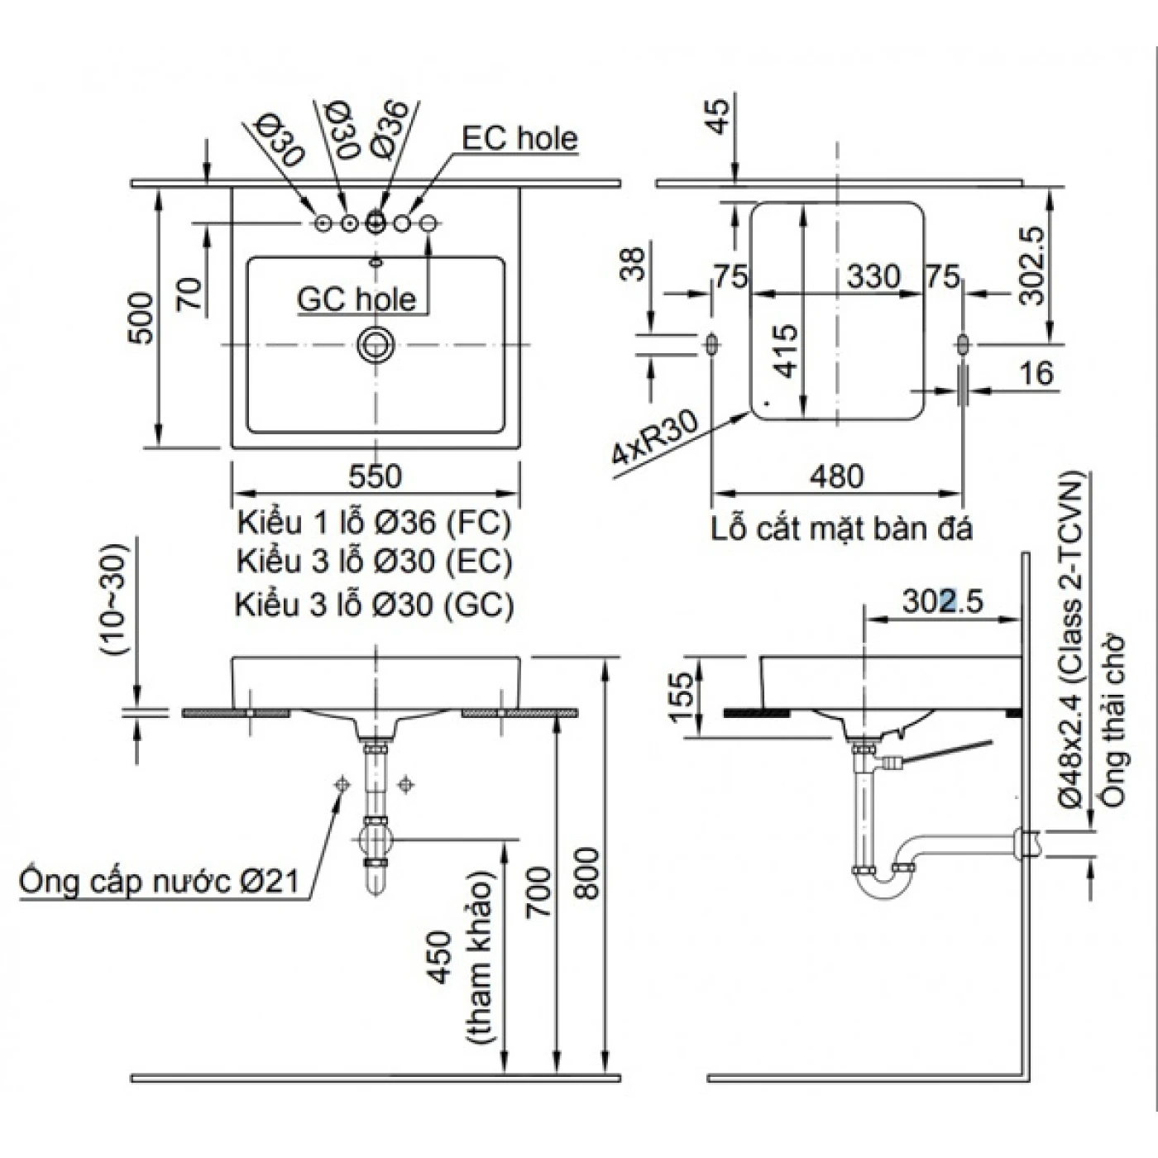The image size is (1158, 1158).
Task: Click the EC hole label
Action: click(x=519, y=138)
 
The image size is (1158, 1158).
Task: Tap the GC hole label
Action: click(x=356, y=299)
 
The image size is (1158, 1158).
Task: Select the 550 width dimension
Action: click(x=375, y=476)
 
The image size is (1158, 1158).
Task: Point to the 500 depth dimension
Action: click(x=141, y=318)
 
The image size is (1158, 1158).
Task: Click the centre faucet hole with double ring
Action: click(x=376, y=223)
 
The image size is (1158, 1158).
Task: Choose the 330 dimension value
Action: click(x=873, y=276)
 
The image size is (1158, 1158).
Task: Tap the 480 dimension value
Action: click(x=837, y=476)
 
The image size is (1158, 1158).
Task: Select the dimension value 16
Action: click(x=1036, y=373)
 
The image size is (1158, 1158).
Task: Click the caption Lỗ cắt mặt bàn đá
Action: click(x=841, y=529)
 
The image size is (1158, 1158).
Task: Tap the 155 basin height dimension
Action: click(x=680, y=696)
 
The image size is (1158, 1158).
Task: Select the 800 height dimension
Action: click(x=586, y=873)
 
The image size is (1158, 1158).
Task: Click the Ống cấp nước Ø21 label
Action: click(x=159, y=881)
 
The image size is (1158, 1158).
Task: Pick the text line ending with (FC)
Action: click(x=374, y=523)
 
